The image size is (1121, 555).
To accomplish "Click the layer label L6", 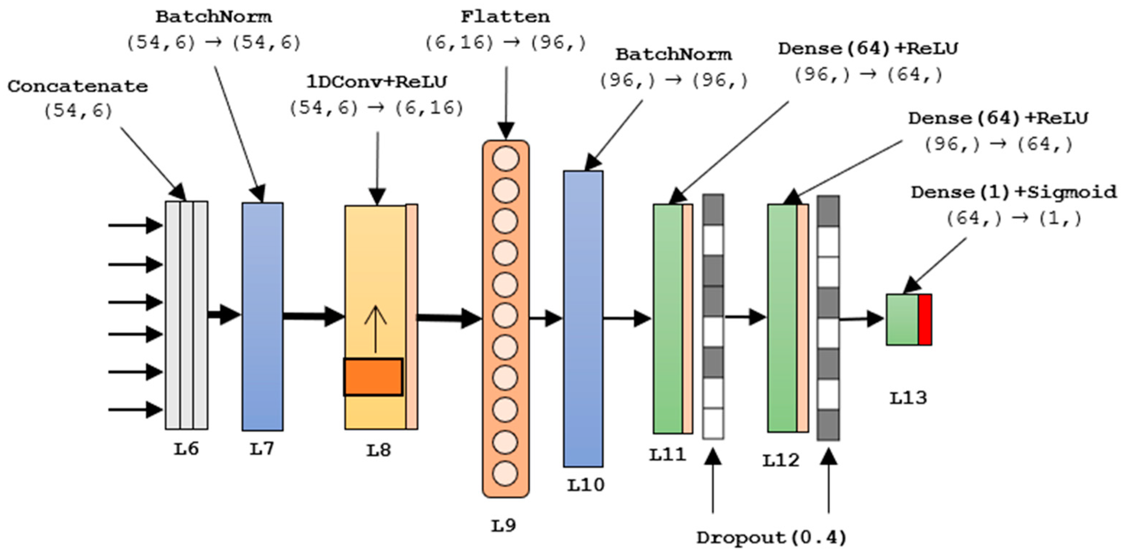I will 186,449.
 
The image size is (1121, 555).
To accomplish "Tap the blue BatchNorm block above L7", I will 263,317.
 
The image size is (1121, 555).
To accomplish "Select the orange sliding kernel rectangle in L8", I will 373,377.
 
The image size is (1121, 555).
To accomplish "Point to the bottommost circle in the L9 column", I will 505,473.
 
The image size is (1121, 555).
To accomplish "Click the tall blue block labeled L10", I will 583,319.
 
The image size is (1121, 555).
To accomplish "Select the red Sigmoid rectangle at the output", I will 925,320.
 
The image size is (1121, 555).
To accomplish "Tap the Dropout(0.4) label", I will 771,538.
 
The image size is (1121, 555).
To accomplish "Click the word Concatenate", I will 78,86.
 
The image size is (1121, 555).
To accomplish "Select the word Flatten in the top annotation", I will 505,17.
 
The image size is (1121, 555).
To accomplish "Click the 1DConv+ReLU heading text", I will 377,82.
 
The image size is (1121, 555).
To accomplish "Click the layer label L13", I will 908,398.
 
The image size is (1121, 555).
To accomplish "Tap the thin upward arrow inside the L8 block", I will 375,329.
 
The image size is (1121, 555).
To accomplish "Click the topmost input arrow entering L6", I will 135,225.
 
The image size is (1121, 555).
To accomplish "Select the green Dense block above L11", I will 668,319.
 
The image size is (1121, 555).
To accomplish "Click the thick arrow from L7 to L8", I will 313,316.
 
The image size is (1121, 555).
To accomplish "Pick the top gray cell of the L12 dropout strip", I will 828,211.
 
